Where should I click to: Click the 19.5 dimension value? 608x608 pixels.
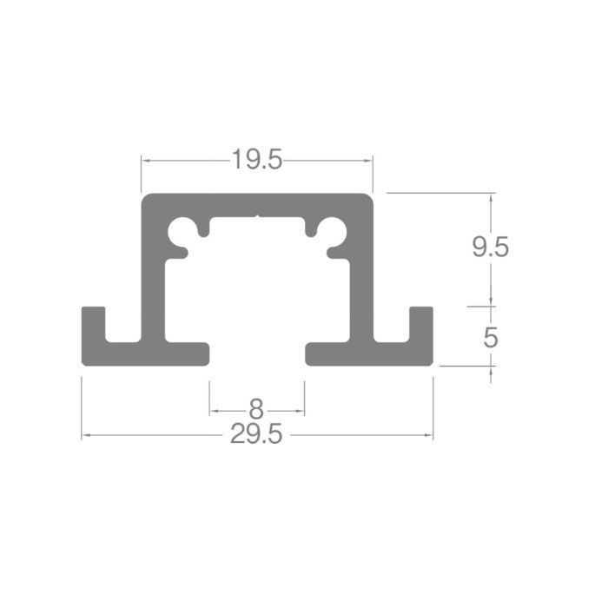click(x=257, y=159)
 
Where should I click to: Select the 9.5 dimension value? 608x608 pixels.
click(x=490, y=247)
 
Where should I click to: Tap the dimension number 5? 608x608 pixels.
click(x=491, y=337)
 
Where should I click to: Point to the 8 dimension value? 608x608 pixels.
click(x=256, y=409)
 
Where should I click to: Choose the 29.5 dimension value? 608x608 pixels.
click(x=256, y=434)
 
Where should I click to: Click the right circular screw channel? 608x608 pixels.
click(x=333, y=232)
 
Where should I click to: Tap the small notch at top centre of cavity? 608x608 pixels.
click(x=257, y=215)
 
